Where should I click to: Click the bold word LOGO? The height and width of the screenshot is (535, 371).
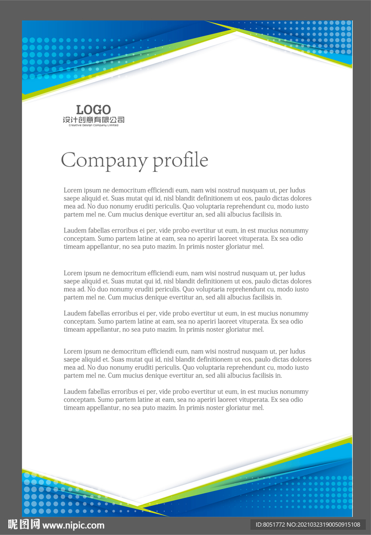93,110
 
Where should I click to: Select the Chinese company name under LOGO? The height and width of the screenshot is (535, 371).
93,120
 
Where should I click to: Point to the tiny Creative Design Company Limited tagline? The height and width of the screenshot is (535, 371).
93,125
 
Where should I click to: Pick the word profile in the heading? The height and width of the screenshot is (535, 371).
180,160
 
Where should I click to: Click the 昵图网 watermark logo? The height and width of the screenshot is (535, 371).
23,525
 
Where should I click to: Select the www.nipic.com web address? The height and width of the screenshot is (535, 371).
74,526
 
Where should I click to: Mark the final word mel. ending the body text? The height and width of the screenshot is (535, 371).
258,408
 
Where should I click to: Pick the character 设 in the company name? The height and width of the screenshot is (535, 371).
66,120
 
